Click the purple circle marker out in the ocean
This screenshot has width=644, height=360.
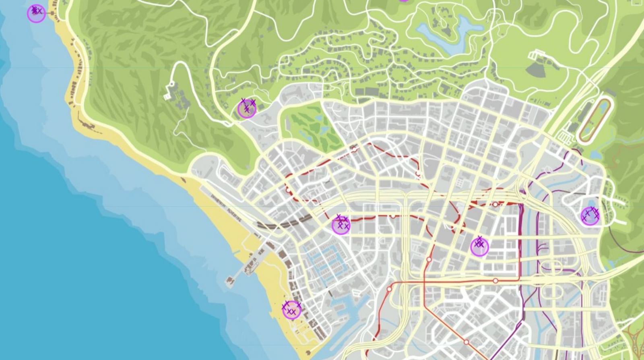(36, 14)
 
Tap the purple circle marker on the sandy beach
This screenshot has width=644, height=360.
(291, 310)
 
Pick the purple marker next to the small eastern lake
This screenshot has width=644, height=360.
(590, 217)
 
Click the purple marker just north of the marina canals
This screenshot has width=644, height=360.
(341, 226)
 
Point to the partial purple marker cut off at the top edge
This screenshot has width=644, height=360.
(404, 1)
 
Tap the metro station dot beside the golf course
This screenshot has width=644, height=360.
(354, 149)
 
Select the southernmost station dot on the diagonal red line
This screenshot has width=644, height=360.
(466, 342)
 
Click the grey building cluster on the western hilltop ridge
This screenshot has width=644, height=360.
(177, 97)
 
